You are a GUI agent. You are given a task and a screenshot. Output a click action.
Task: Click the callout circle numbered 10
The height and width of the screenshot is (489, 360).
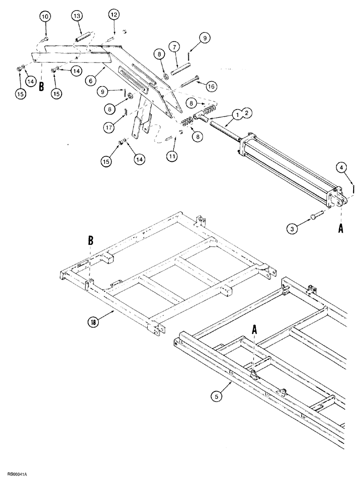45,17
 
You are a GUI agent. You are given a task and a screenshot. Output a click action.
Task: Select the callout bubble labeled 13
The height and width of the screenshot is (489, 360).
77,17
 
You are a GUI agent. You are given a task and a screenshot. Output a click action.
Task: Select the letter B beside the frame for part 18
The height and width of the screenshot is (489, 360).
90,241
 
